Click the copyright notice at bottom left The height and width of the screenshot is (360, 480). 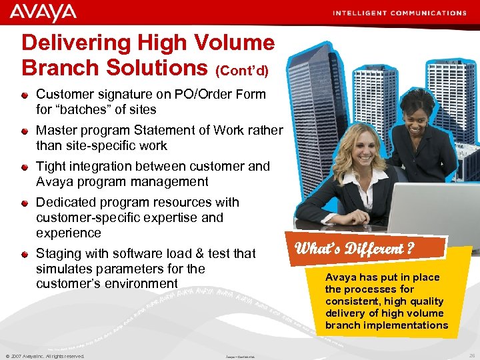45,356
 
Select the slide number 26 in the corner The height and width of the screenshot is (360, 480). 471,356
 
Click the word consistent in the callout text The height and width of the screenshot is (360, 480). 351,301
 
